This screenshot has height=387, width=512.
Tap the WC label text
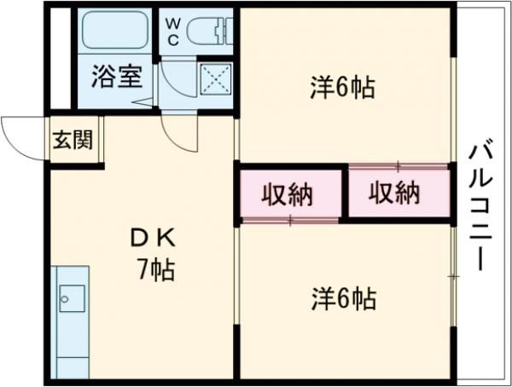[173, 32]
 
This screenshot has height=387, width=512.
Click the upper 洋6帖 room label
[342, 89]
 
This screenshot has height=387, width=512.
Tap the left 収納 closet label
[288, 195]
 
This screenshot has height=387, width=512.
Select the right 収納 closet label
[395, 193]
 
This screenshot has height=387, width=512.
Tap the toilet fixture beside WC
[208, 31]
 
